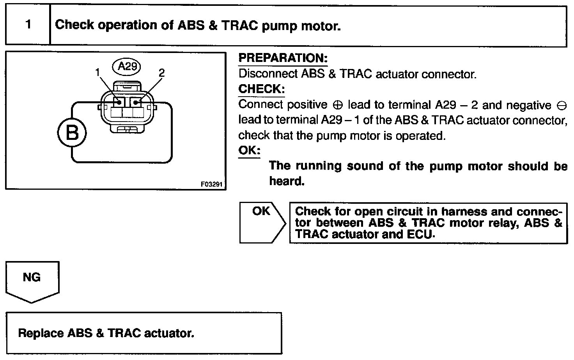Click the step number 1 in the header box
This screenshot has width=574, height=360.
point(28,25)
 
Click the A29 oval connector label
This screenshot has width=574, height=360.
point(127,67)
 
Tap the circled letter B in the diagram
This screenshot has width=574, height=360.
point(72,132)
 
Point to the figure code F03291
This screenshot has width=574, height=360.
point(212,184)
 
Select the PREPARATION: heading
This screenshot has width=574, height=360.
point(283,58)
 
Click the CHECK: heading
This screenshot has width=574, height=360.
point(261,89)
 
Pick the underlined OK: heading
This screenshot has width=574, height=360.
point(249,150)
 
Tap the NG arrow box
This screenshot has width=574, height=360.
point(32,282)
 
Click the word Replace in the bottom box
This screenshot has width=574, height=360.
point(41,333)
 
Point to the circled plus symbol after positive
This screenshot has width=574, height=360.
point(337,105)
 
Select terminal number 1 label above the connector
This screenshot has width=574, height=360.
point(97,72)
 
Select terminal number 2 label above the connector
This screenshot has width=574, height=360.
point(161,73)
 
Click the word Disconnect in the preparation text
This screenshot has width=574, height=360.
point(268,74)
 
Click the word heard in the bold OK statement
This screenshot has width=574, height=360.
point(287,181)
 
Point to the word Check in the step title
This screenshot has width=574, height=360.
point(74,25)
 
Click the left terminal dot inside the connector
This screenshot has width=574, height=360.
point(119,102)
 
